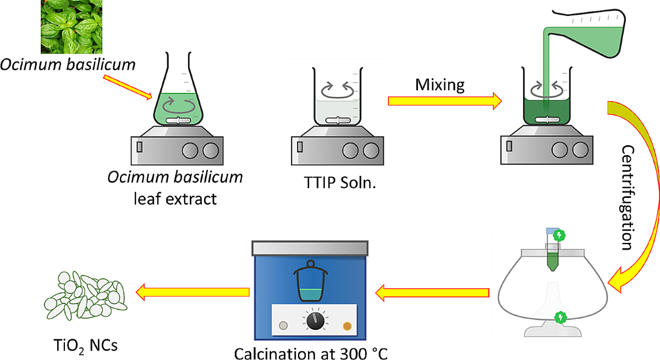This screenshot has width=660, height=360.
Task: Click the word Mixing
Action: click(x=439, y=85)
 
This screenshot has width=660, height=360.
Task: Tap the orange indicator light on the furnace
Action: click(x=346, y=325)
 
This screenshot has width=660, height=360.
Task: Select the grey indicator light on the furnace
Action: click(x=284, y=325)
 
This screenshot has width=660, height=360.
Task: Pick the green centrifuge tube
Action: click(x=552, y=254)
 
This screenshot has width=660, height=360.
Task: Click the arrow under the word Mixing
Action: click(x=444, y=101)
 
